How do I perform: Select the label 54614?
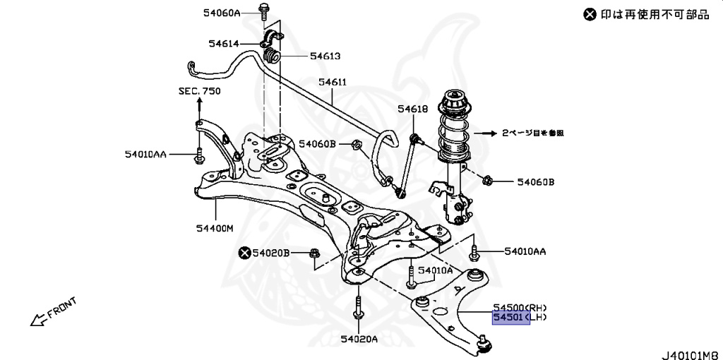[225, 43]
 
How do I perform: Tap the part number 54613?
[325, 56]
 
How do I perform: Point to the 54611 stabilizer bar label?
[332, 82]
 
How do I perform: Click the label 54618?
[412, 109]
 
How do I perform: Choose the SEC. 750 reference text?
[199, 91]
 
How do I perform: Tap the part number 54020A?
[359, 340]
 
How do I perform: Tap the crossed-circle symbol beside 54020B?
[244, 252]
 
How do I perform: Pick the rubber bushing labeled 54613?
[272, 56]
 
